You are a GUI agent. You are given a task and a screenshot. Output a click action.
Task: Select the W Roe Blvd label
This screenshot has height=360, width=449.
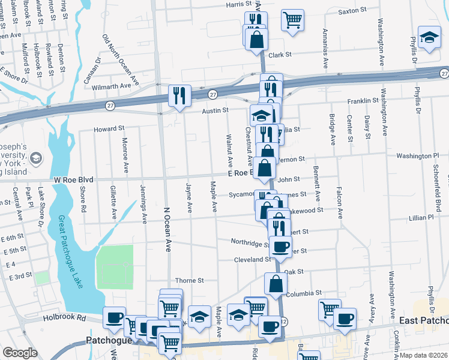(74, 179)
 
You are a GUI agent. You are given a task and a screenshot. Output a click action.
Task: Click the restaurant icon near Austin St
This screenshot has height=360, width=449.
(179, 95)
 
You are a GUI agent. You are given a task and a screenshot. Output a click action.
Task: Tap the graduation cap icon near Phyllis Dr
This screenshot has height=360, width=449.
(430, 40)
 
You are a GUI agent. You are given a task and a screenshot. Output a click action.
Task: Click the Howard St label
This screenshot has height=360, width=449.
(109, 128)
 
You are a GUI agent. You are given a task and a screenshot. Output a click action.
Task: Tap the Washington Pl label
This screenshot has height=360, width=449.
(417, 156)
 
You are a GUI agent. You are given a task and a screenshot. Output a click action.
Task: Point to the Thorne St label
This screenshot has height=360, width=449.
(190, 280)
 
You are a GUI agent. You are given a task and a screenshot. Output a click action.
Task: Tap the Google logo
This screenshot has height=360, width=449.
(20, 353)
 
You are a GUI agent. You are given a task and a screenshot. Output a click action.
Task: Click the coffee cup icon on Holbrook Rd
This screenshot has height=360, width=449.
(114, 318)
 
